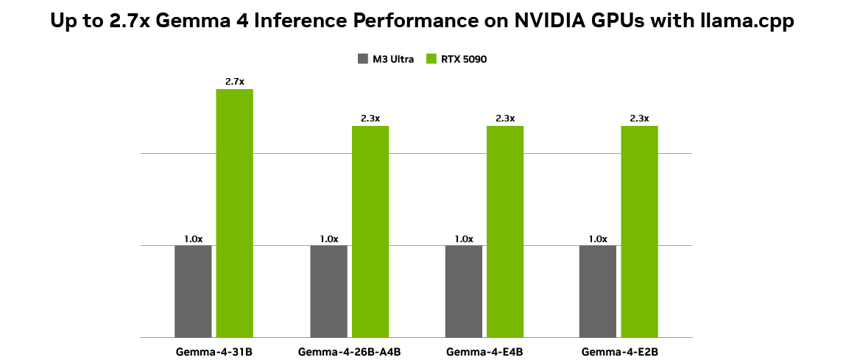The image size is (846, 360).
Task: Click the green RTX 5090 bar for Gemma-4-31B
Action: click(234, 213)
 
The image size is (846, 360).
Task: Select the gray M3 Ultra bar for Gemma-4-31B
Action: click(193, 291)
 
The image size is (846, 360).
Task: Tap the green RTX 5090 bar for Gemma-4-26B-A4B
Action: click(370, 231)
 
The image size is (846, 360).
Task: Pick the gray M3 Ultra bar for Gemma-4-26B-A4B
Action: click(328, 291)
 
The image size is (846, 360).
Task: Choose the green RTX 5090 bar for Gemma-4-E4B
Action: click(505, 231)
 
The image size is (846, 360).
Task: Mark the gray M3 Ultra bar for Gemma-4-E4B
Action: click(464, 291)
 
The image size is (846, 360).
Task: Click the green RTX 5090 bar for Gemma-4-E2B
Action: click(639, 231)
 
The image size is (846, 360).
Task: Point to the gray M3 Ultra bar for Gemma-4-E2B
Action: click(598, 291)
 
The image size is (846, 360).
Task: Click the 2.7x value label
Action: click(234, 82)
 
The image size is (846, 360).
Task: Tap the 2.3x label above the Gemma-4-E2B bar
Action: click(639, 119)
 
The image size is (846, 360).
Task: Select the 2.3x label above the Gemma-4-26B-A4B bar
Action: click(370, 119)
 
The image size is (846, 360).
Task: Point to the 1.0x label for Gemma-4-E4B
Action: click(464, 239)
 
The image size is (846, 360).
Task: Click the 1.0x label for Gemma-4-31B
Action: click(193, 239)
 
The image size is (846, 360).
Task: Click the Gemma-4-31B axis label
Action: click(214, 351)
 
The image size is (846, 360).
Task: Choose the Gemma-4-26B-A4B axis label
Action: click(349, 351)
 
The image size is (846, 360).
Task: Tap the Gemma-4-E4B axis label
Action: click(484, 351)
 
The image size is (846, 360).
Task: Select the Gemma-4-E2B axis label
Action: click(618, 351)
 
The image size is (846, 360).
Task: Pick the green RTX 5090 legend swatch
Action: click(431, 59)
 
